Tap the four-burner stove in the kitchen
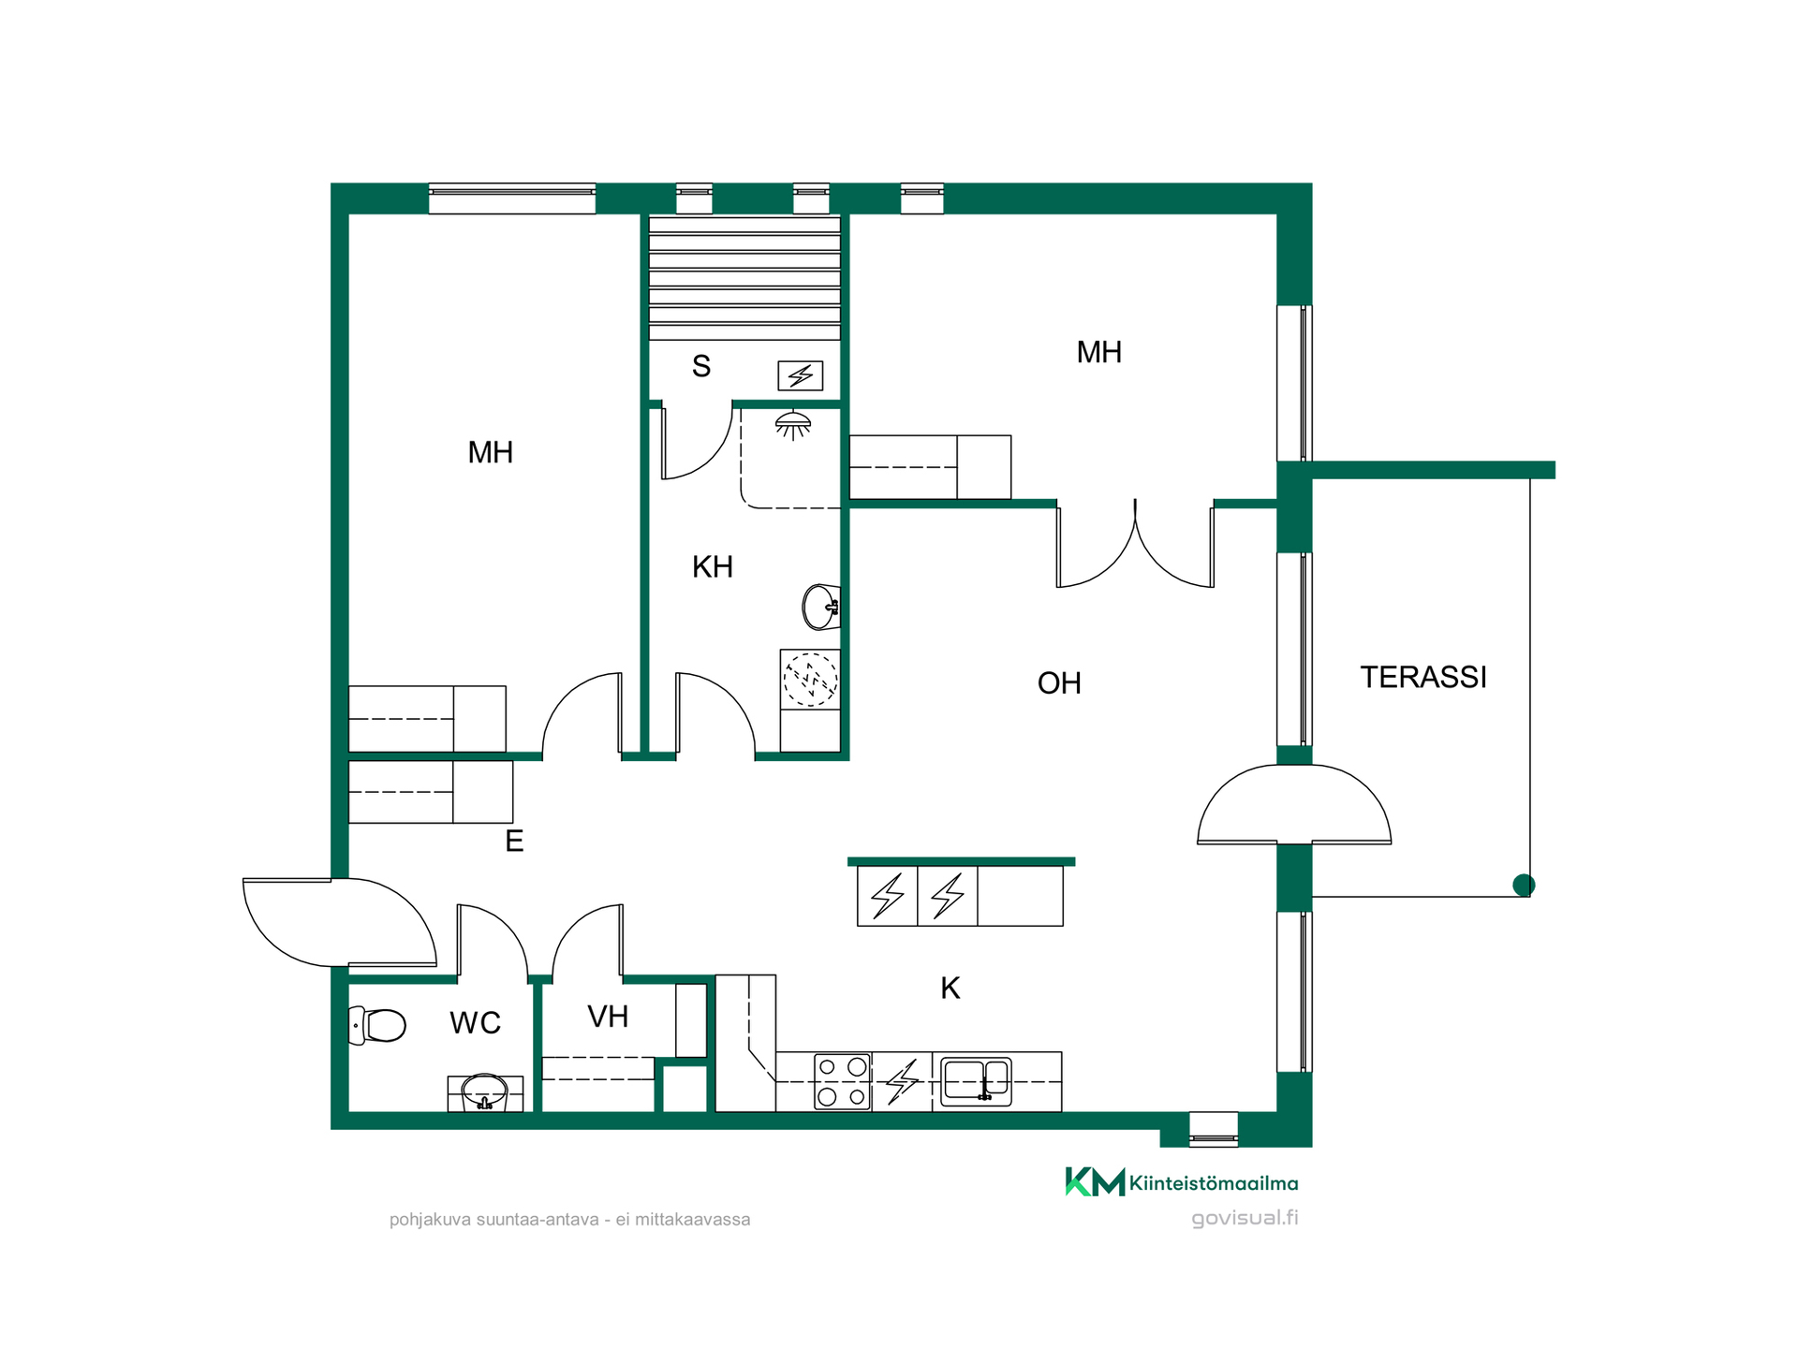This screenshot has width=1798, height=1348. [842, 1081]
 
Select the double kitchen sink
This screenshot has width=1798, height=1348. [976, 1081]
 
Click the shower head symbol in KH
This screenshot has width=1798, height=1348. [793, 425]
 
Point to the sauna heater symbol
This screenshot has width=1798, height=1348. [801, 375]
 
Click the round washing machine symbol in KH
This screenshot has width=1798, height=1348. [810, 679]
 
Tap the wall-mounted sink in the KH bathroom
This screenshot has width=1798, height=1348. [821, 607]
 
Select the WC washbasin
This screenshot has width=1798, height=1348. [485, 1092]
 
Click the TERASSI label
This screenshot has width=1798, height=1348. [1423, 677]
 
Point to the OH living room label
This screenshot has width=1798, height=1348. [1059, 683]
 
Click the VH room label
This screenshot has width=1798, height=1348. [608, 1017]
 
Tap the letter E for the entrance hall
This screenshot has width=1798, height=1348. [514, 841]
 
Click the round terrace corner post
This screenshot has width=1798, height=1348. [1524, 885]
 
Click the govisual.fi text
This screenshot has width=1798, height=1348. [1245, 1218]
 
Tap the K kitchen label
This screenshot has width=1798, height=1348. [951, 988]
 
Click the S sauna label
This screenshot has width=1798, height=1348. [701, 366]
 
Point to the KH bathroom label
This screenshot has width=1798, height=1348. [713, 566]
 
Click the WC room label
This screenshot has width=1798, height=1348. [476, 1023]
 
